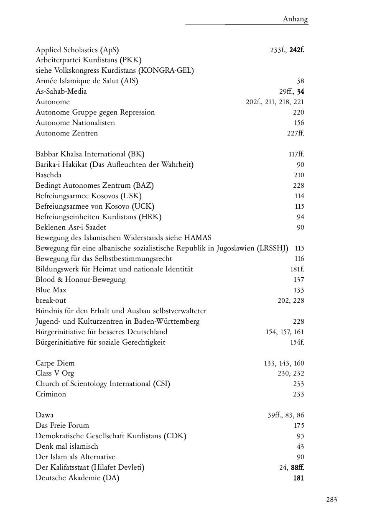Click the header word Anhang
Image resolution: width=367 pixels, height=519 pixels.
click(x=295, y=19)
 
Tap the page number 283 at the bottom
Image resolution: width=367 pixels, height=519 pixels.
click(x=331, y=499)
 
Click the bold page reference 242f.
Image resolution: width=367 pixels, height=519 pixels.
click(x=297, y=50)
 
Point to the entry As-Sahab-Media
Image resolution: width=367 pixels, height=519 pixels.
click(x=61, y=91)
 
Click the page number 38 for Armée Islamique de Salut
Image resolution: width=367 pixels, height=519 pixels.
click(x=301, y=81)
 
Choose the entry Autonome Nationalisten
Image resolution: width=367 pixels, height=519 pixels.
click(x=75, y=123)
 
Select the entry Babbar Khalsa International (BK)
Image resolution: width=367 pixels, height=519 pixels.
click(x=90, y=154)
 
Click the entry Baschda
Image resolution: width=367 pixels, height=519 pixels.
click(x=48, y=175)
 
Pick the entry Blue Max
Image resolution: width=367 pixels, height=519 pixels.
click(x=51, y=290)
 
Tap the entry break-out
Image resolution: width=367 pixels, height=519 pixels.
click(x=51, y=300)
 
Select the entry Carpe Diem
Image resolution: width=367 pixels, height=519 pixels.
click(x=55, y=363)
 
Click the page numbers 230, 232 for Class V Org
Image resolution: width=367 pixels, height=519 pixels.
click(x=291, y=373)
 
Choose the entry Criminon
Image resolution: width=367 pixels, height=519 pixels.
click(x=51, y=394)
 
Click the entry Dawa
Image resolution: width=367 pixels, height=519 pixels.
click(x=44, y=415)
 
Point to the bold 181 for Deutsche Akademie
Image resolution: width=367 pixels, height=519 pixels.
click(x=298, y=478)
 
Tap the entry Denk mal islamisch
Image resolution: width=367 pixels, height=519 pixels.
click(x=67, y=446)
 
